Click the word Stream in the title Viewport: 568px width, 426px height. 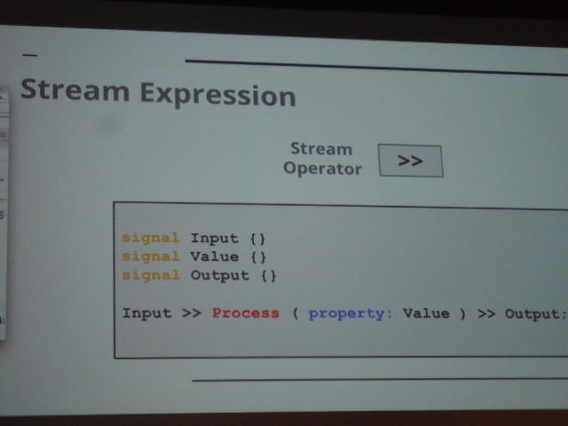[x=75, y=90]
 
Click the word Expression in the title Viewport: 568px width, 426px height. [x=218, y=95]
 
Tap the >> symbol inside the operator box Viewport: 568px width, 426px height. [x=410, y=161]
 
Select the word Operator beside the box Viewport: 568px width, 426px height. [x=322, y=169]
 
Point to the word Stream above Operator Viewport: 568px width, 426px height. [x=321, y=148]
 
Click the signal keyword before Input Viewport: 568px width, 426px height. [x=151, y=238]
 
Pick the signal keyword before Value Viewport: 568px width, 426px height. [x=151, y=256]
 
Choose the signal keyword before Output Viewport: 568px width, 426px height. [x=151, y=275]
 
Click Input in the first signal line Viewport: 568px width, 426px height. [x=215, y=239]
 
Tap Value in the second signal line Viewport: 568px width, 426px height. [x=215, y=256]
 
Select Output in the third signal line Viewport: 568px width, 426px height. [x=220, y=276]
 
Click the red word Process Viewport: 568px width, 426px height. [x=246, y=313]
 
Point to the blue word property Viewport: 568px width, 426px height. [x=347, y=313]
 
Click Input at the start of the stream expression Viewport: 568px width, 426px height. [x=146, y=313]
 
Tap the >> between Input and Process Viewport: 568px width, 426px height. [x=192, y=313]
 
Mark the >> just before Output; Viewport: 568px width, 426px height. [x=486, y=313]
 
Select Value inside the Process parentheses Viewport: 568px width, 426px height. [x=426, y=313]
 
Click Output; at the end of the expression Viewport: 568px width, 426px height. [x=535, y=314]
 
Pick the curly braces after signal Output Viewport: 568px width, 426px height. [x=269, y=276]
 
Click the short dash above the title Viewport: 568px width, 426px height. [x=30, y=55]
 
